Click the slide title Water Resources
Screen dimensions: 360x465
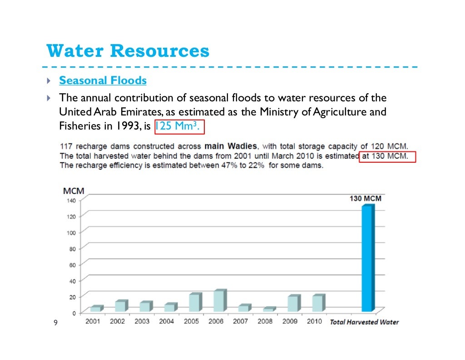128,51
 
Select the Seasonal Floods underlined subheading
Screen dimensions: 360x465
103,81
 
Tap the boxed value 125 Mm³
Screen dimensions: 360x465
179,127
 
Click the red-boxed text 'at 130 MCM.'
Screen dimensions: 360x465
387,156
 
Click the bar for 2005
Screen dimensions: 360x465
194,302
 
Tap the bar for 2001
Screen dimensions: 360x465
95,309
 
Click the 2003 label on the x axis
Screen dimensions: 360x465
142,321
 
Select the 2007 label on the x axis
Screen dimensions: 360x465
241,321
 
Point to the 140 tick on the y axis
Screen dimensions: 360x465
71,200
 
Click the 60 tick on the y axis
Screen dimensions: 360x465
72,265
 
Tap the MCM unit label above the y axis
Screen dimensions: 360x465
74,191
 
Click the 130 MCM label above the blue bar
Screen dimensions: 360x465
365,199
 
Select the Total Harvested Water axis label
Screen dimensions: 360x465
364,322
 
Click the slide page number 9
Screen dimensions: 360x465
55,323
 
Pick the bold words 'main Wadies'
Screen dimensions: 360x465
231,146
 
